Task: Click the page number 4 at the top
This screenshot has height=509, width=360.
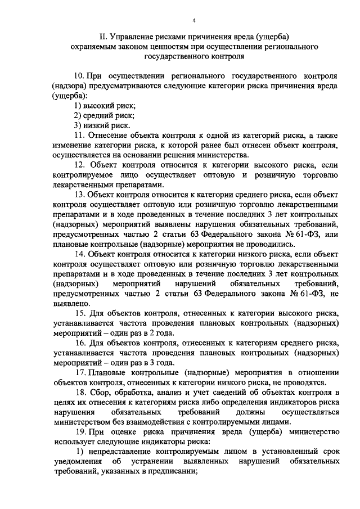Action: [x=193, y=20]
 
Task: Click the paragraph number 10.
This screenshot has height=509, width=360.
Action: [x=79, y=75]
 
